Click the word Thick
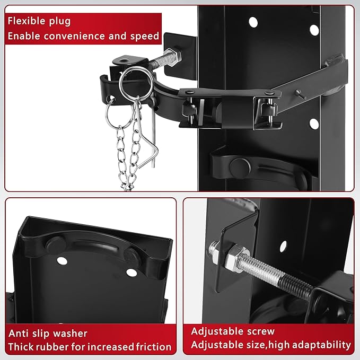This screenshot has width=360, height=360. click(21, 347)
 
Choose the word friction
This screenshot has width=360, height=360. click(154, 347)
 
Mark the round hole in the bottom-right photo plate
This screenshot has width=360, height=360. click(284, 245)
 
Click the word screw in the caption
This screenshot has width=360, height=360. click(259, 331)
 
